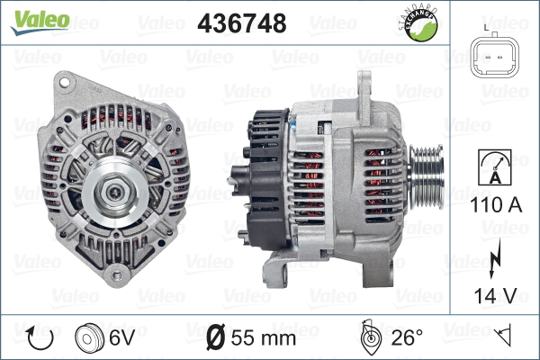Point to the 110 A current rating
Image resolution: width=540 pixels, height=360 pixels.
493,204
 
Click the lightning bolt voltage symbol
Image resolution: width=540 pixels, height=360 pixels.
493,261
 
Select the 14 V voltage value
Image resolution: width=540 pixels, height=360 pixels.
493,294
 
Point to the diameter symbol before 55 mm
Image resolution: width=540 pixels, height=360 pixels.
216,337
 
